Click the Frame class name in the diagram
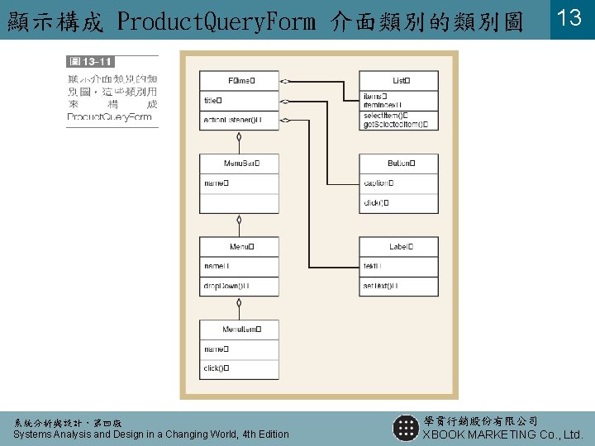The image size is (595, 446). click(240, 80)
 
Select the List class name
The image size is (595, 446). click(401, 80)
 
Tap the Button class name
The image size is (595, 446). click(401, 164)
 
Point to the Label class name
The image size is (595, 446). click(401, 246)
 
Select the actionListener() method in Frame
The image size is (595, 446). click(232, 121)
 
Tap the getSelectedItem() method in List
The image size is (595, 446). click(395, 125)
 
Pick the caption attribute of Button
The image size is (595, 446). click(378, 183)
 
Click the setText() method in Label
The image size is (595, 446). click(380, 286)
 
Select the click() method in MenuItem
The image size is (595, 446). click(216, 368)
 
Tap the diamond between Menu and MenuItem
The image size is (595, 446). click(239, 302)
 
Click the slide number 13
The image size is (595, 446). click(571, 18)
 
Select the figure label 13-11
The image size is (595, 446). click(91, 61)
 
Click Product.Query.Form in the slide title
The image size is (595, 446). click(217, 21)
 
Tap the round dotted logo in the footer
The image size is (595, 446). click(406, 428)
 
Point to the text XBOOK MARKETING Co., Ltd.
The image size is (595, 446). click(502, 434)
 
